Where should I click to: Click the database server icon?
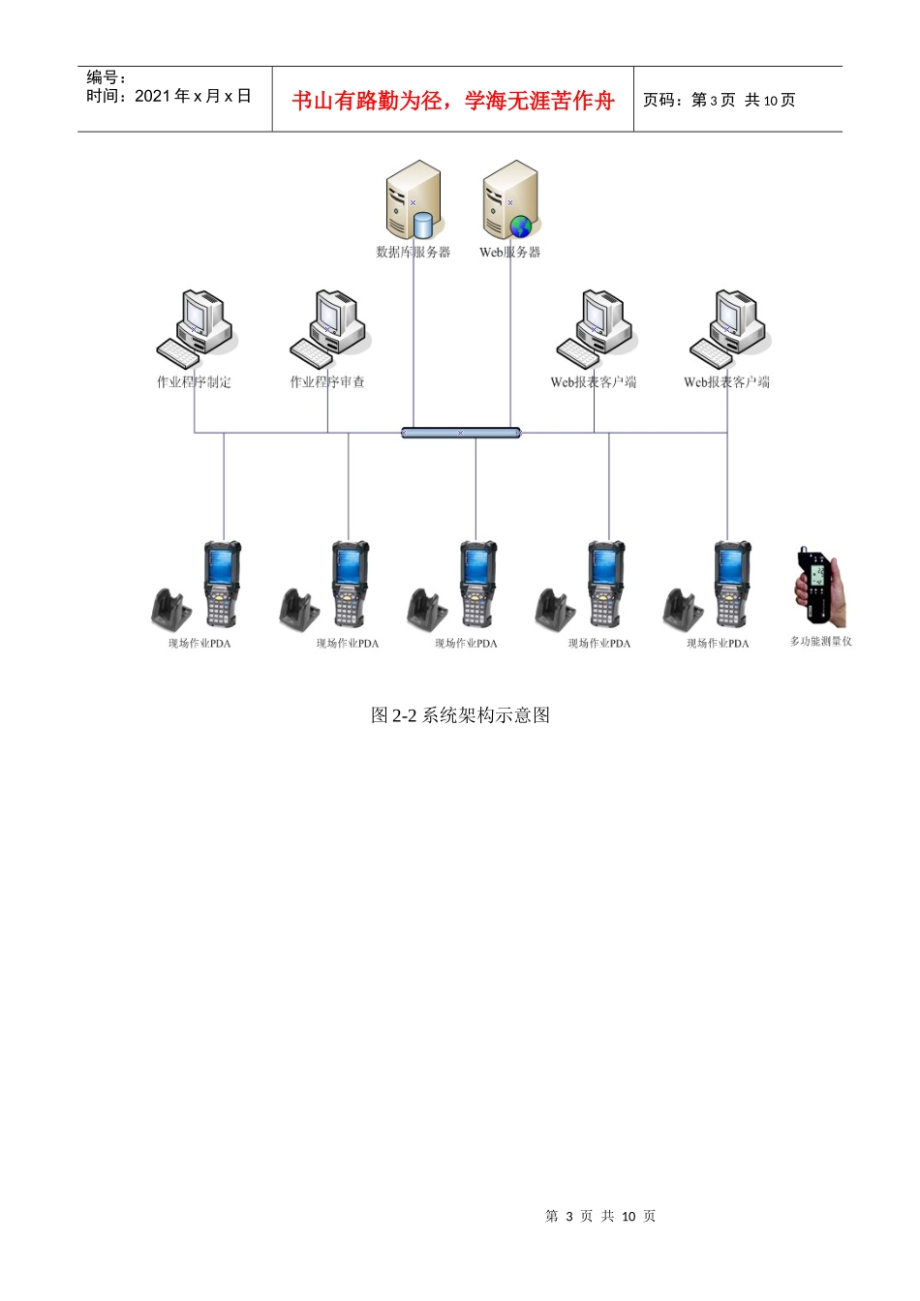click(413, 200)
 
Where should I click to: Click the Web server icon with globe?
click(510, 200)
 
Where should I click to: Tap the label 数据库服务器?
click(414, 252)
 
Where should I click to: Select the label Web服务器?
click(510, 252)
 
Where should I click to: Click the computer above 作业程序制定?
click(195, 327)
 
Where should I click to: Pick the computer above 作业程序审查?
click(328, 327)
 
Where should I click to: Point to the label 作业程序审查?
click(327, 382)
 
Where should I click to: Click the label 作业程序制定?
click(194, 382)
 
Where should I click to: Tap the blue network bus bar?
click(461, 433)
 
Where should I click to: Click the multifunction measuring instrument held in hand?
click(820, 588)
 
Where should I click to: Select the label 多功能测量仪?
click(821, 642)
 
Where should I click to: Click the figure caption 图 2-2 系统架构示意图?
click(461, 715)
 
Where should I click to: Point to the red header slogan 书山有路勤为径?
click(367, 101)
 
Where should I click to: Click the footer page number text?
click(600, 1216)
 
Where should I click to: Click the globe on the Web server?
click(521, 227)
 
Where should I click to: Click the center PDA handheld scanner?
click(476, 583)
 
